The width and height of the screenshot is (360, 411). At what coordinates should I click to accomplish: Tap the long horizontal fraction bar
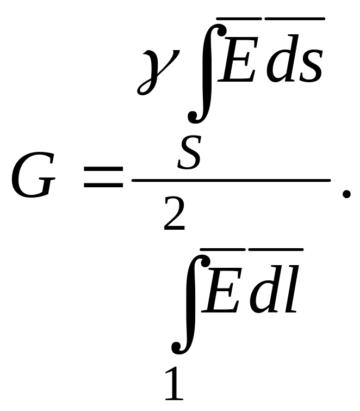tap(231, 180)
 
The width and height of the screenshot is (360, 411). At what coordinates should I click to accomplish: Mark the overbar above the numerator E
tap(239, 19)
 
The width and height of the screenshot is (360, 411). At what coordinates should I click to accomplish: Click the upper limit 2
tap(175, 214)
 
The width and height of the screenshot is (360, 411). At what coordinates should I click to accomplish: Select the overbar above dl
tap(276, 249)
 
